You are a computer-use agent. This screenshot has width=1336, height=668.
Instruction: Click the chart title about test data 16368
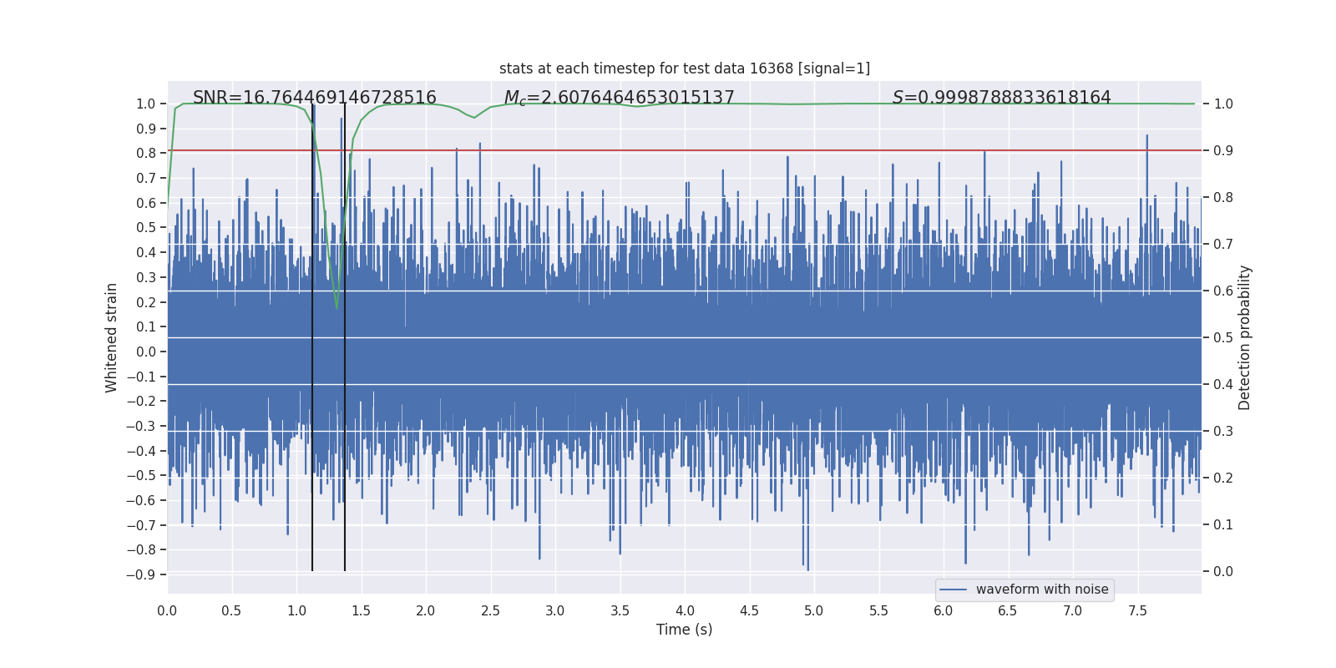(684, 68)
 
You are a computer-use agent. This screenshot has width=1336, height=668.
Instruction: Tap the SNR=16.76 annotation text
(314, 98)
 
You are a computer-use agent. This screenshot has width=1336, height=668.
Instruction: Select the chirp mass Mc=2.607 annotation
(619, 98)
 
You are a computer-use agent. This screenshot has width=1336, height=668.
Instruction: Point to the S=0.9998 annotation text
(1001, 98)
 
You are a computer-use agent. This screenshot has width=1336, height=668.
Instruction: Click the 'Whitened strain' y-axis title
(112, 337)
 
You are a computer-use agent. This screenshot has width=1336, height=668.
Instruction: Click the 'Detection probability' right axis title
(1245, 337)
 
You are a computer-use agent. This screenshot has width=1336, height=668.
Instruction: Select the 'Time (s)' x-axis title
(684, 630)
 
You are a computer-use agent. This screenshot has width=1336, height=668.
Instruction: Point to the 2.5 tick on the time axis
(490, 611)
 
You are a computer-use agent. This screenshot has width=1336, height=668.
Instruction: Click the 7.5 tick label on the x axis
(1137, 611)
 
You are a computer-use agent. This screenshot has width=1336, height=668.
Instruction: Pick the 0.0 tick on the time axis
(167, 611)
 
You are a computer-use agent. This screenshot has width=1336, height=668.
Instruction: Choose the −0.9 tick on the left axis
(141, 574)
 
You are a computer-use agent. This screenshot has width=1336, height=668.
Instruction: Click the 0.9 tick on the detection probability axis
(1223, 151)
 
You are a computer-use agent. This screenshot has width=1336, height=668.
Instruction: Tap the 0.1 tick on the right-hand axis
(1223, 525)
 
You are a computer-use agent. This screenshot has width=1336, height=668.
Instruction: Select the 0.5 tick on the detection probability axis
(1223, 338)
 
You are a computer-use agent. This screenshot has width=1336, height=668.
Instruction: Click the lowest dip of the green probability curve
(337, 307)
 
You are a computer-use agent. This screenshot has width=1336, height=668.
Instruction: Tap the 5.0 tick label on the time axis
(813, 611)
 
